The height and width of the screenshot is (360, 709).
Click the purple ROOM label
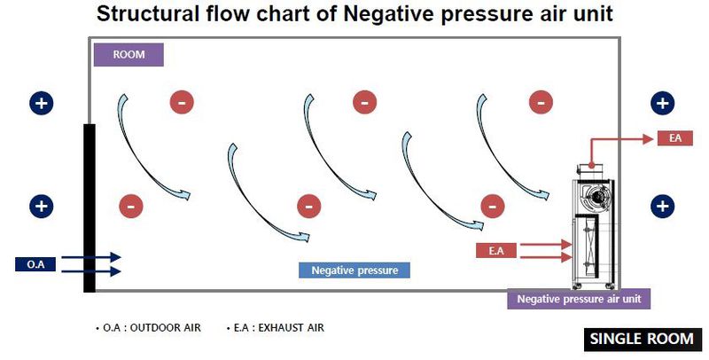(x=129, y=54)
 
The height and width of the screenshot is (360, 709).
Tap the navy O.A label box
(x=35, y=264)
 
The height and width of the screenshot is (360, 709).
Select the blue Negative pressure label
(x=354, y=270)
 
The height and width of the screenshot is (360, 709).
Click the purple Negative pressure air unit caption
(x=579, y=299)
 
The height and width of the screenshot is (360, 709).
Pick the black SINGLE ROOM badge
(x=643, y=340)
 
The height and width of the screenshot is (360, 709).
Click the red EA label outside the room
(x=674, y=138)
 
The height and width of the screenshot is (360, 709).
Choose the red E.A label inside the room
(x=496, y=251)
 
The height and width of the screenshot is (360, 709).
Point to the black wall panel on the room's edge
(x=89, y=207)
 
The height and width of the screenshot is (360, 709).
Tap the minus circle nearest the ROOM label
(x=182, y=102)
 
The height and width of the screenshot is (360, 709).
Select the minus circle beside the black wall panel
(x=130, y=206)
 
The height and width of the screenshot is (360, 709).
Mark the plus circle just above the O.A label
(x=41, y=206)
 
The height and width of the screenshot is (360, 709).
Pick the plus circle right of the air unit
(x=661, y=206)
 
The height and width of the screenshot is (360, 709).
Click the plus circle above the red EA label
(x=661, y=102)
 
